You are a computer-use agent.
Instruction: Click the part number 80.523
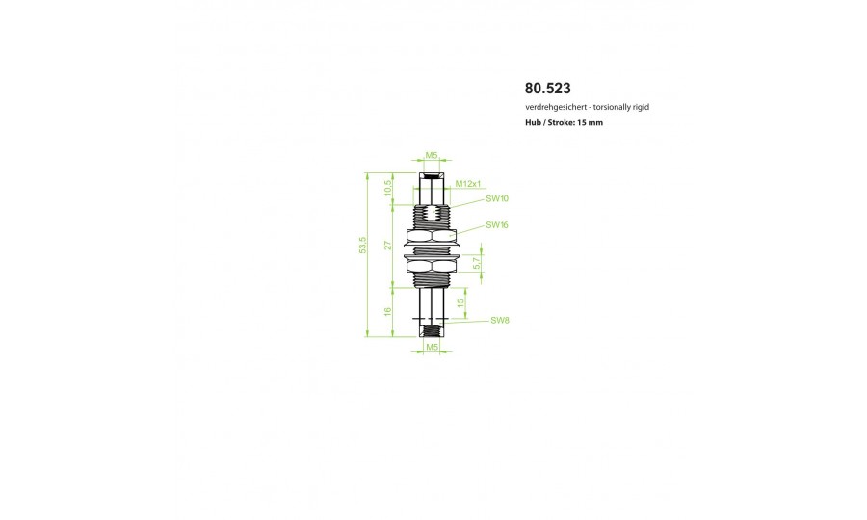[x=547, y=89]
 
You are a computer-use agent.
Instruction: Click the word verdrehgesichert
[x=556, y=107]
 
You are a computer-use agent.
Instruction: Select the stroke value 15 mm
[x=590, y=122]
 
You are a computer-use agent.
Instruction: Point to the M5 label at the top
[x=432, y=155]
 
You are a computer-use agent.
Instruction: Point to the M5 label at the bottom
[x=432, y=347]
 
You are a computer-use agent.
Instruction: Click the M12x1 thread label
[x=468, y=184]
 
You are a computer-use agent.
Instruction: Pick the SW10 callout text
[x=497, y=198]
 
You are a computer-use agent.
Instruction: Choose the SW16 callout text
[x=497, y=225]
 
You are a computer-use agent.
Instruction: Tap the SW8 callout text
[x=500, y=320]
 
